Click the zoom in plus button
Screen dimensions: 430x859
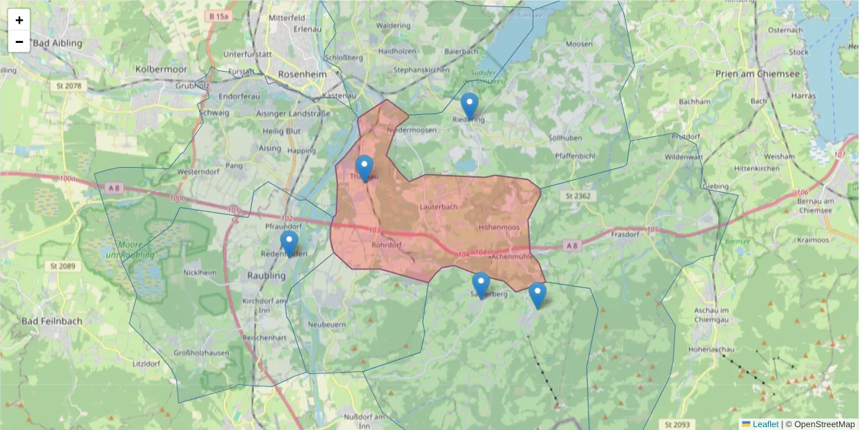coord(19,20)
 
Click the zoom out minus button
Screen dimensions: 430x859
coord(19,42)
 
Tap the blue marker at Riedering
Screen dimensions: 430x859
coord(469,107)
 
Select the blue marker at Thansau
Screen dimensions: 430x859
coord(364,168)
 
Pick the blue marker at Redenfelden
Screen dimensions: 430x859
coord(289,244)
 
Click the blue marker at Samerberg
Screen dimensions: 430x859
coord(481,285)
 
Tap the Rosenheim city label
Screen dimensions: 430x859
coord(301,74)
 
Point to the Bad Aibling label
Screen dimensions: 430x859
coord(58,43)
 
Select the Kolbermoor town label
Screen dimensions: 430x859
coord(160,70)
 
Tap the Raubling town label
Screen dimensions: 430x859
coord(266,274)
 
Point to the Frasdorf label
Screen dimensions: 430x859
coord(630,234)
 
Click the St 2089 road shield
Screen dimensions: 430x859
coord(64,266)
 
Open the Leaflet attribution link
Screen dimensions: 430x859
coord(765,424)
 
